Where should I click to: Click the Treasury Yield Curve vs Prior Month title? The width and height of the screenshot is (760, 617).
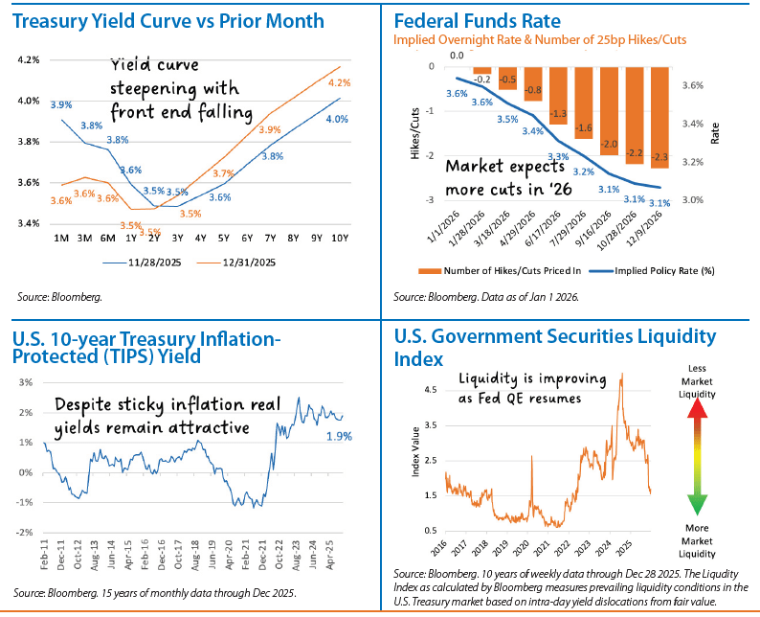pyautogui.click(x=168, y=21)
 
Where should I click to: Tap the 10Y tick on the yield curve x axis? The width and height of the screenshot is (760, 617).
pyautogui.click(x=339, y=237)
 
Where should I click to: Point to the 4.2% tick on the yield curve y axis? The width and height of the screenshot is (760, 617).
pyautogui.click(x=28, y=59)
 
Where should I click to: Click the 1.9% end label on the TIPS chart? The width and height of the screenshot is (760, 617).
pyautogui.click(x=367, y=436)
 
